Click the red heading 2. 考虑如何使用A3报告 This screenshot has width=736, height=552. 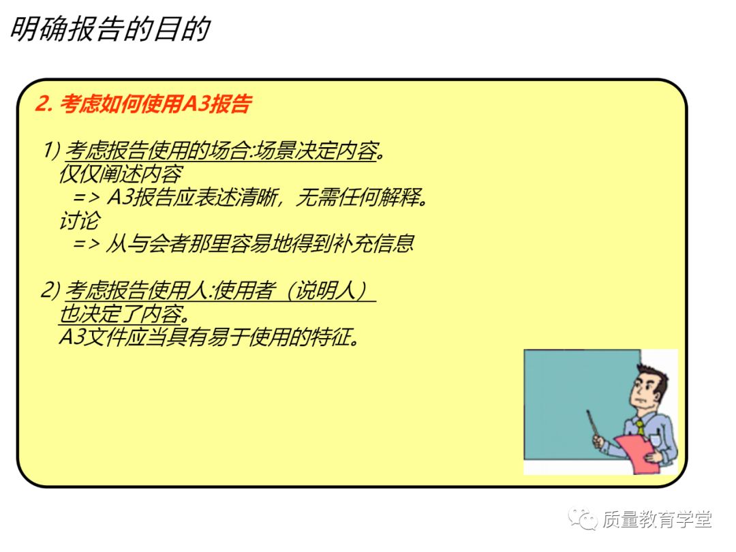pyautogui.click(x=144, y=104)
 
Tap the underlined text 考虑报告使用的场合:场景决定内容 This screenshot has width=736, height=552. pyautogui.click(x=221, y=151)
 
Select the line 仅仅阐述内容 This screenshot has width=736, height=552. pyautogui.click(x=121, y=174)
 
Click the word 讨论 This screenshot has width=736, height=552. pyautogui.click(x=79, y=220)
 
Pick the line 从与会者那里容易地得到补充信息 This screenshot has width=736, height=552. pyautogui.click(x=259, y=244)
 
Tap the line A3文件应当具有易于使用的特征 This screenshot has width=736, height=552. pyautogui.click(x=208, y=337)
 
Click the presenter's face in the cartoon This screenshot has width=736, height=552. pyautogui.click(x=648, y=392)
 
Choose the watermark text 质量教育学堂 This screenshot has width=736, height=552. pyautogui.click(x=657, y=520)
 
